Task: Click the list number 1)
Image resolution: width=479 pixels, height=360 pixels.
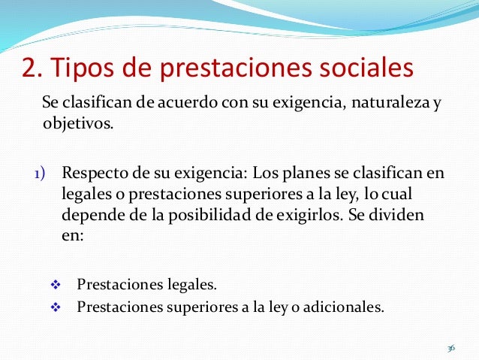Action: click(x=38, y=175)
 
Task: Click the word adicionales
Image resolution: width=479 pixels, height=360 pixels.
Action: click(x=345, y=307)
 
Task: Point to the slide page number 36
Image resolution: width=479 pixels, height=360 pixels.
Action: click(x=450, y=349)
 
